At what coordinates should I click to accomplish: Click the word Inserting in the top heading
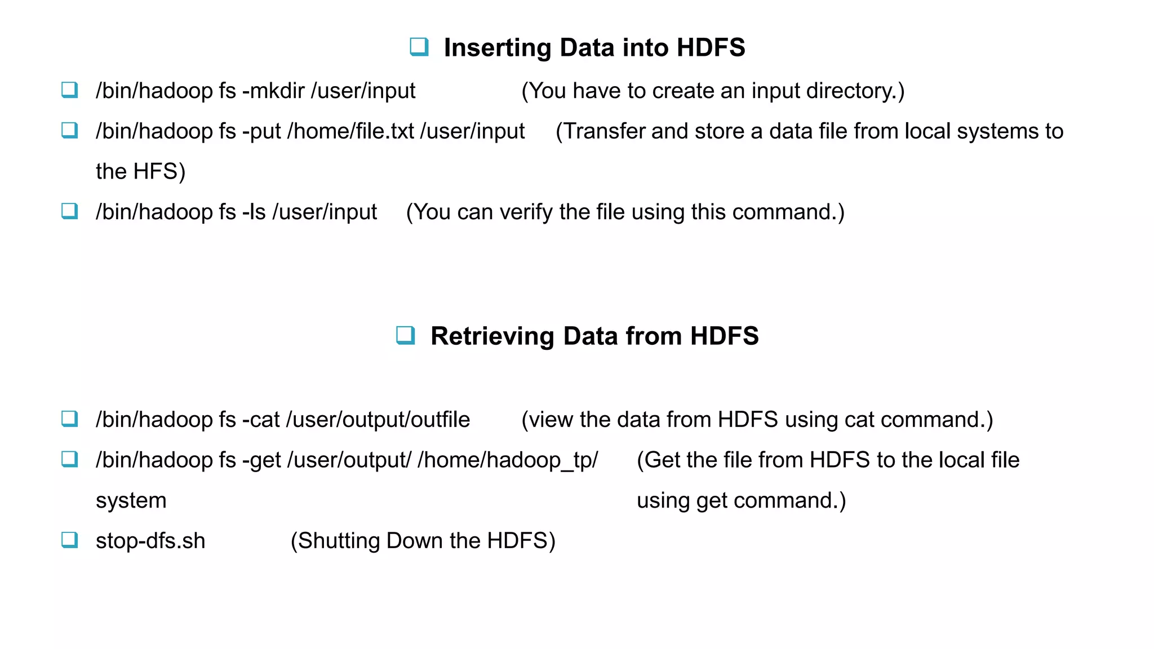click(498, 48)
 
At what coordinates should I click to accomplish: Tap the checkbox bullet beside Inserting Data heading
click(419, 47)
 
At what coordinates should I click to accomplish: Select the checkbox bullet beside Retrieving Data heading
click(406, 335)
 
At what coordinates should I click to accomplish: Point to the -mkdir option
click(273, 91)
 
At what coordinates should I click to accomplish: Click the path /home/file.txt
click(350, 131)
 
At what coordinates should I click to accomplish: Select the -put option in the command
click(261, 131)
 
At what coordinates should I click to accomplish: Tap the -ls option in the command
click(254, 212)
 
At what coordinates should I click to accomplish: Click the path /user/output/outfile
click(378, 420)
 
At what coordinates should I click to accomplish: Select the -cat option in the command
click(261, 420)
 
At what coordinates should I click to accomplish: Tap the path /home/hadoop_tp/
click(508, 460)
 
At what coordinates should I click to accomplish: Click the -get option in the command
click(261, 460)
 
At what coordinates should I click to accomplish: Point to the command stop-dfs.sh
click(150, 541)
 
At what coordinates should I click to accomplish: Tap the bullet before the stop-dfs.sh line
click(70, 540)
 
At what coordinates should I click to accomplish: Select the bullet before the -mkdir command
click(70, 90)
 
